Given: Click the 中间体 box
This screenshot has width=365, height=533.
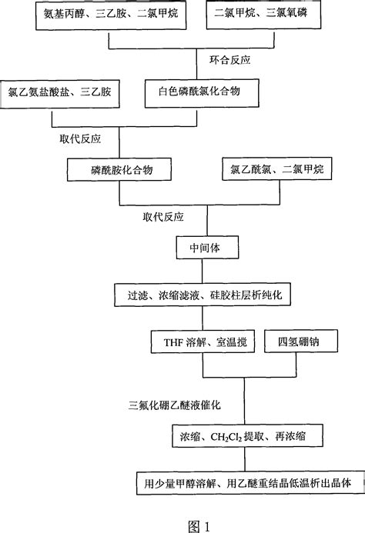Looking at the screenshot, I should click(x=203, y=250).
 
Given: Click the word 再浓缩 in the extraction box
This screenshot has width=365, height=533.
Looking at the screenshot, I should click(x=286, y=437).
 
